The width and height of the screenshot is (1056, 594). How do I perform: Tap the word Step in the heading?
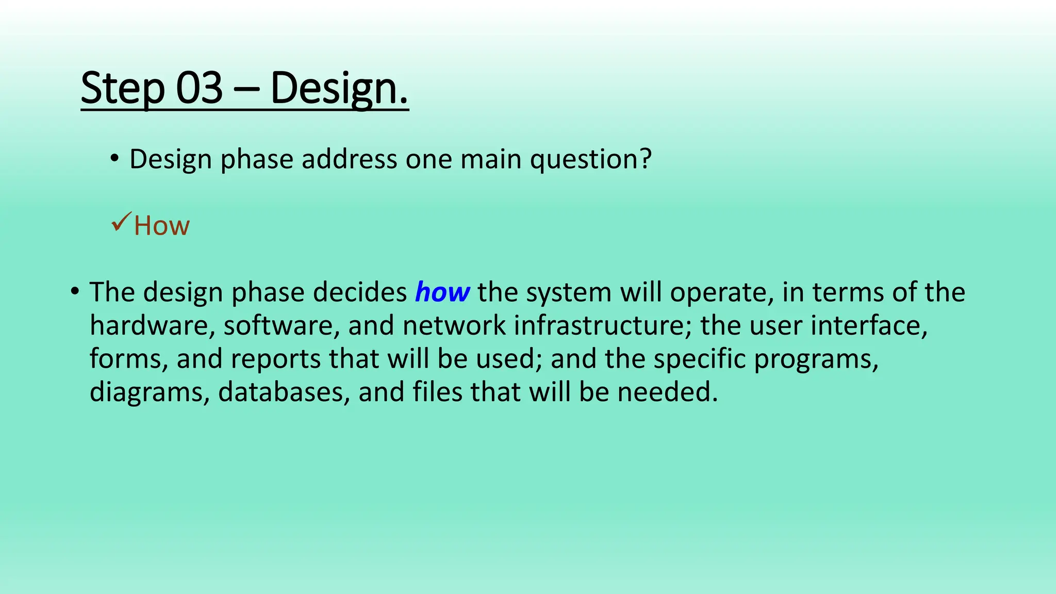coord(122,89)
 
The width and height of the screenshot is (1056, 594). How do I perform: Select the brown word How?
coord(161,226)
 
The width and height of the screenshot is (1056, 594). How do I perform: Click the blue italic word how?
coord(442,292)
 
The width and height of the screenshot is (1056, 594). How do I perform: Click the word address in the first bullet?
coord(349,159)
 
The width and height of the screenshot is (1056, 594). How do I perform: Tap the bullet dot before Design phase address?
coord(114,158)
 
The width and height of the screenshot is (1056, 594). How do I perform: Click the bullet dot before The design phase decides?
coord(75,292)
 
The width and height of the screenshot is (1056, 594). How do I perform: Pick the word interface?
coord(868,326)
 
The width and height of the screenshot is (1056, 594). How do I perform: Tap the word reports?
coord(275,359)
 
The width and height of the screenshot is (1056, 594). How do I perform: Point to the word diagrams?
coord(150,393)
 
